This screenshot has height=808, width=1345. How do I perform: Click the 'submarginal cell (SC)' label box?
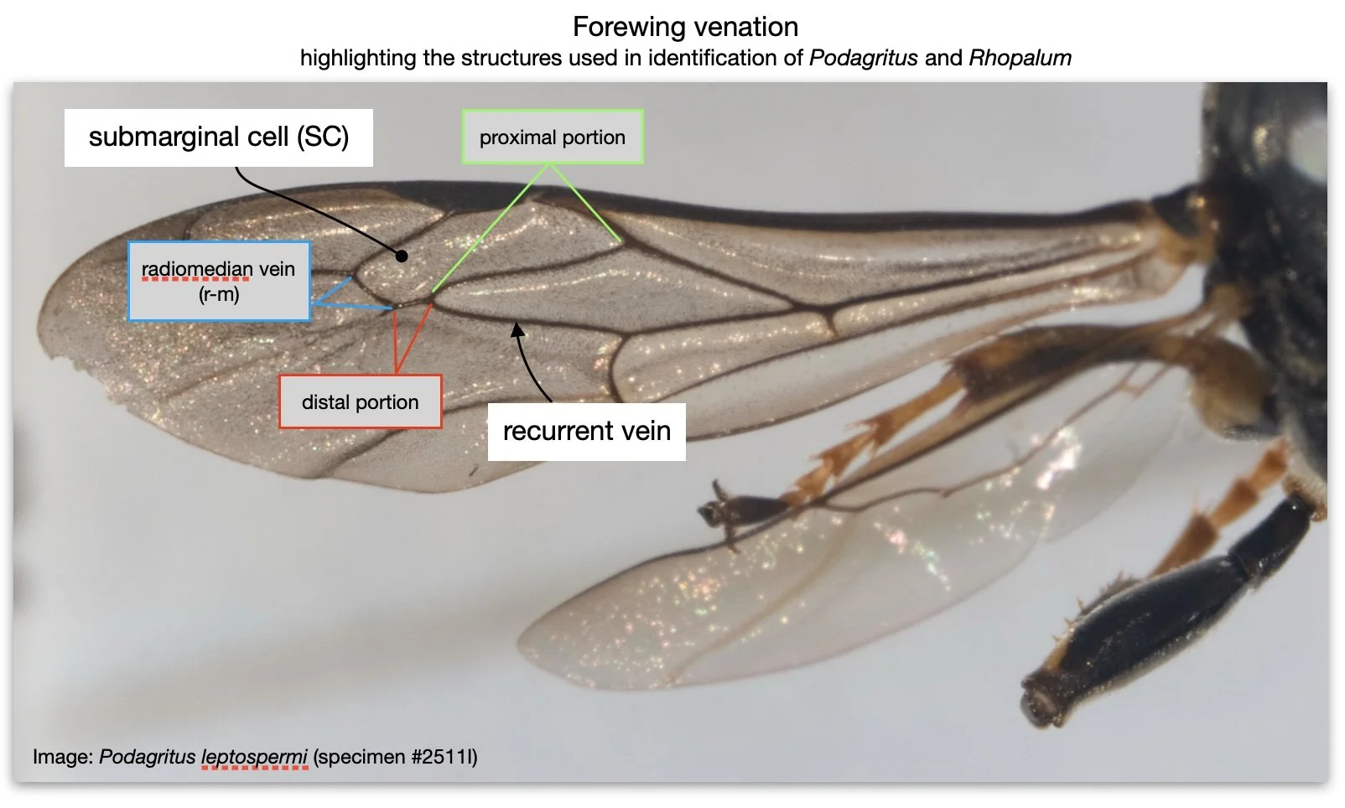218,137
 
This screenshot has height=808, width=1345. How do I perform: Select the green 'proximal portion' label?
552,137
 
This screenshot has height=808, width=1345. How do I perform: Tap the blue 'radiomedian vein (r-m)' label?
218,281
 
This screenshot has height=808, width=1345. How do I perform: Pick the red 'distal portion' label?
360,402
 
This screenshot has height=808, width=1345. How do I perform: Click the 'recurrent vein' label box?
586,431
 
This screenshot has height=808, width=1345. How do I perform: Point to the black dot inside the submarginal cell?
402,256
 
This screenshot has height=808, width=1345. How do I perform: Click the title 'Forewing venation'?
685,27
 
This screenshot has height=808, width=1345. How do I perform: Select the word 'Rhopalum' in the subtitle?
1020,58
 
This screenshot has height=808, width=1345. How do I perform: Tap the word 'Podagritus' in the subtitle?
863,58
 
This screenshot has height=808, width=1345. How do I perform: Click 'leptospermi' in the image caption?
254,757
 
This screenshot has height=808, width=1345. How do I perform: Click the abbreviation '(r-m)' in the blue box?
219,294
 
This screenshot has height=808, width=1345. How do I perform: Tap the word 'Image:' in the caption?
63,757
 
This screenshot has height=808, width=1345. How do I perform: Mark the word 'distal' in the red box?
325,402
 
